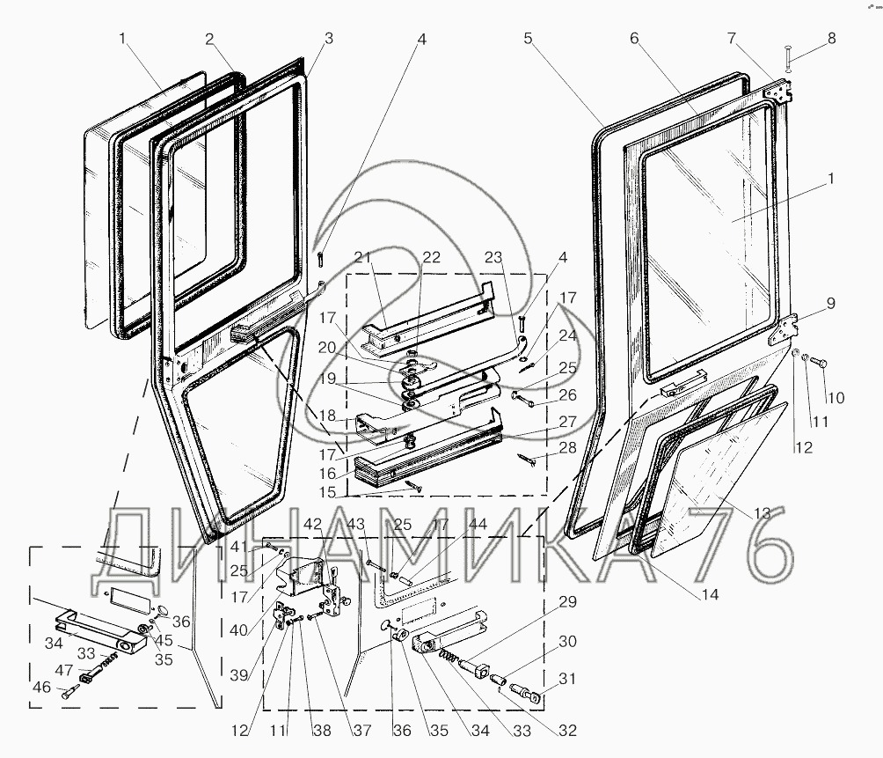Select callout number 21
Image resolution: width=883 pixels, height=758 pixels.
(x=363, y=256)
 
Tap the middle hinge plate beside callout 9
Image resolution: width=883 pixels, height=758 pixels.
(x=782, y=329)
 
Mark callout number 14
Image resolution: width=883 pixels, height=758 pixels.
(x=710, y=594)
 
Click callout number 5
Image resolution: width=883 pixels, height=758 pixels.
(x=528, y=39)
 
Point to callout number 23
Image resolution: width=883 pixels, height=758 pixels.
(x=493, y=257)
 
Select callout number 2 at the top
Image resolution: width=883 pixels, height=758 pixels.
(x=210, y=39)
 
